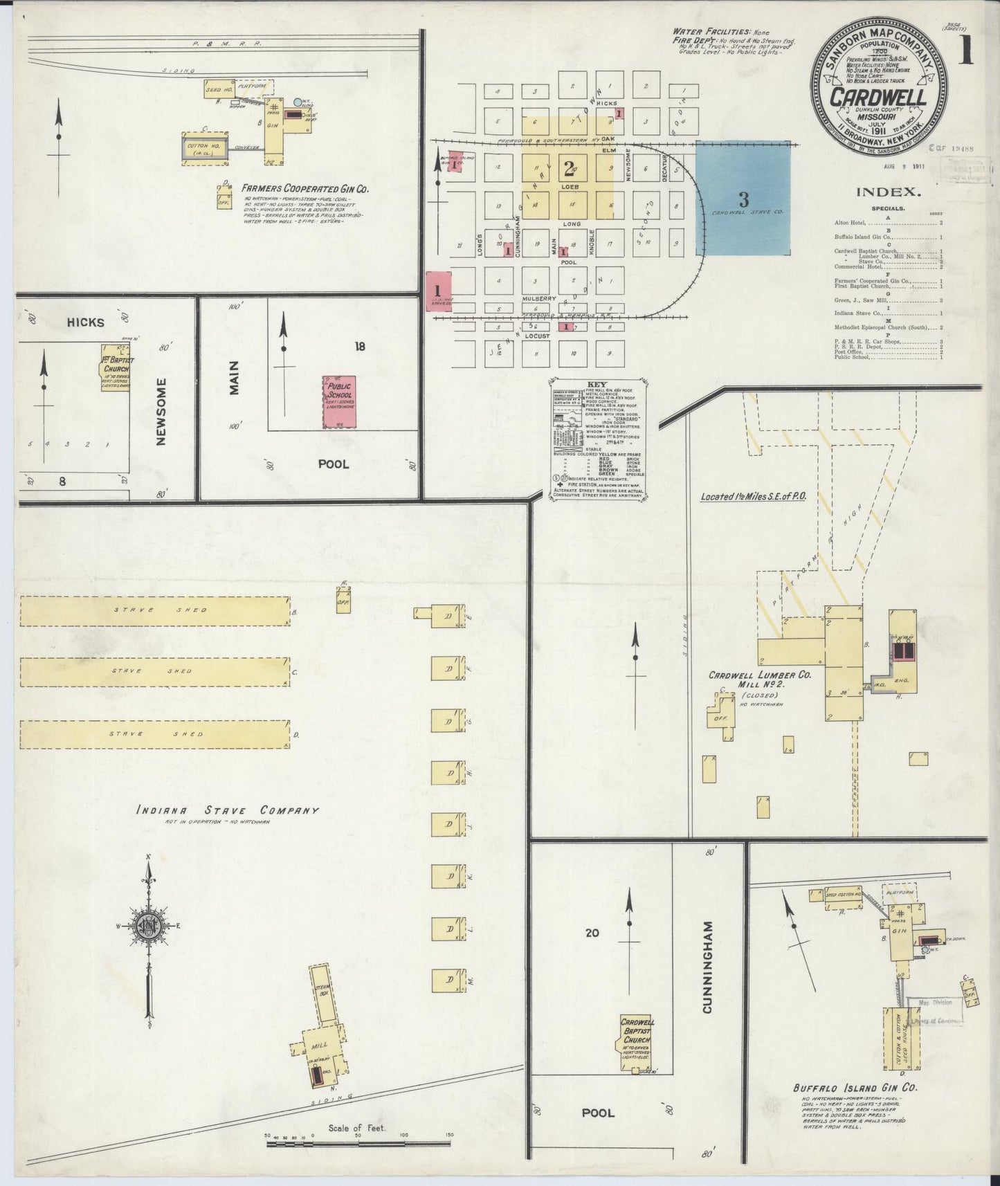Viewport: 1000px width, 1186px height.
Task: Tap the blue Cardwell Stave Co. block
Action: (x=743, y=197)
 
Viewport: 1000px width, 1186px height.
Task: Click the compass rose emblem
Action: (x=149, y=926)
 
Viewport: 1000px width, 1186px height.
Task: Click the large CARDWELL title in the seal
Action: (x=878, y=98)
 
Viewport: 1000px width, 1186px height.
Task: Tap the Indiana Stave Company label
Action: (x=227, y=810)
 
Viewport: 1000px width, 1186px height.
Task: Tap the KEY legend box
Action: (x=600, y=438)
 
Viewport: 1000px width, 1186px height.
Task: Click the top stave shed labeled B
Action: (x=154, y=610)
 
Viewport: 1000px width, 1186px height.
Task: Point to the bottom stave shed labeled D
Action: (x=154, y=734)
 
